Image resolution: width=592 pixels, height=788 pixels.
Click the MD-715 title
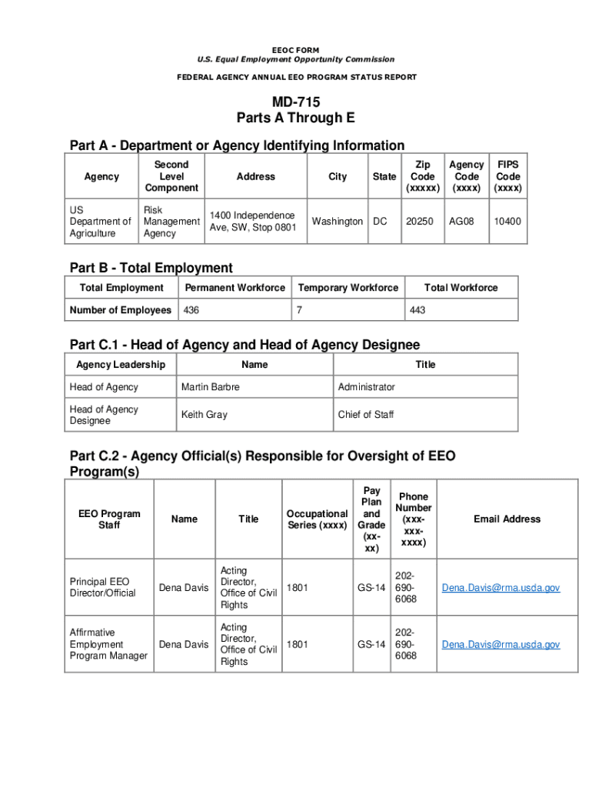(x=295, y=102)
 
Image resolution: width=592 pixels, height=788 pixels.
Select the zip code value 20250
(x=420, y=221)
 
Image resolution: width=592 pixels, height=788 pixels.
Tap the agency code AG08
(x=462, y=221)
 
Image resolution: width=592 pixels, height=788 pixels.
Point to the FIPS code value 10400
(x=507, y=221)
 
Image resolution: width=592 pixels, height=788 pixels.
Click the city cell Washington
(x=337, y=221)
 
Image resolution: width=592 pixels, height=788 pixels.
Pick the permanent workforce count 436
(x=190, y=310)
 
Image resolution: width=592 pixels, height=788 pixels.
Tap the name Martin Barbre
(x=210, y=386)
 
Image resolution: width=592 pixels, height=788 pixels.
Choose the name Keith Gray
(x=204, y=415)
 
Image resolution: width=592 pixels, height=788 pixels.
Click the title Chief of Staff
(x=365, y=415)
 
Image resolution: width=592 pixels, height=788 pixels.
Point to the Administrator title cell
(x=366, y=386)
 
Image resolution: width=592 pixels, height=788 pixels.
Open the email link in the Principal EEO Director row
(x=501, y=588)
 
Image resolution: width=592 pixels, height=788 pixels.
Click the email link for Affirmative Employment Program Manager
(x=501, y=645)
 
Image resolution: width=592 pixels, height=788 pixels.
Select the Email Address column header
(x=507, y=519)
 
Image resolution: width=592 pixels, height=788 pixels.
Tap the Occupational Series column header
(x=317, y=519)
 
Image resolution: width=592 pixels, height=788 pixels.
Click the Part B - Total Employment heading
(x=151, y=268)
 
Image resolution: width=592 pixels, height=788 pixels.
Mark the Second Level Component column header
(x=171, y=176)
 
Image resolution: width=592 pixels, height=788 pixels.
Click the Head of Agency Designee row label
(x=104, y=415)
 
